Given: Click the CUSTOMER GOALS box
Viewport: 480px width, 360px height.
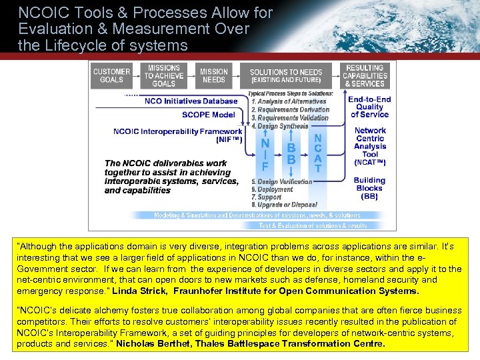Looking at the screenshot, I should (111, 76).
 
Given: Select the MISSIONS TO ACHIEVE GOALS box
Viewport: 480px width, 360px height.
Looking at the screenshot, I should (163, 76).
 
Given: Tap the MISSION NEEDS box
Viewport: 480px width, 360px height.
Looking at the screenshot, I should (213, 76).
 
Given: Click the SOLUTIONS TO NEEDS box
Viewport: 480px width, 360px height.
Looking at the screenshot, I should (285, 76).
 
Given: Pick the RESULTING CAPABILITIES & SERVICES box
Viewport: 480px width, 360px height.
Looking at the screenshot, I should (365, 76).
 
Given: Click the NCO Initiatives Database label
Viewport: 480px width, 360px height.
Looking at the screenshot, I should (191, 101).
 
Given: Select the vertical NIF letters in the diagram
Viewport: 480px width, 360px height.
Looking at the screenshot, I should (265, 155).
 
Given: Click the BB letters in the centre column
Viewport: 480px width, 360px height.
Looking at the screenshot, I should (291, 154).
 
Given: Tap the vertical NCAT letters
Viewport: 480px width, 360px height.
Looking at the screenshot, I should (317, 153).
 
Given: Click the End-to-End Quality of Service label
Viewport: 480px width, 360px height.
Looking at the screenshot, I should (369, 107).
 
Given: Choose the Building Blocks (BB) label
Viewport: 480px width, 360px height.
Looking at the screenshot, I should (369, 188).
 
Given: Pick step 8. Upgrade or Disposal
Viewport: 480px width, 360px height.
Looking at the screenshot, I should (284, 205).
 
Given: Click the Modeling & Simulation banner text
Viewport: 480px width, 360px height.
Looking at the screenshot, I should (257, 215).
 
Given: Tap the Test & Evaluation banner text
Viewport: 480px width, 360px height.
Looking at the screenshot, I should (313, 226).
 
